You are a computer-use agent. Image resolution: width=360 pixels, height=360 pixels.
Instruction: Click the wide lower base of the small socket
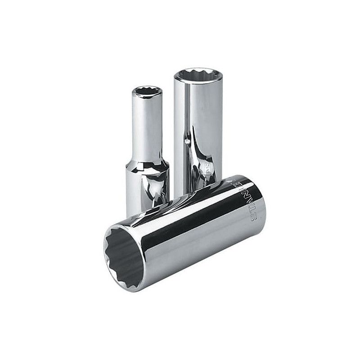point(146,189)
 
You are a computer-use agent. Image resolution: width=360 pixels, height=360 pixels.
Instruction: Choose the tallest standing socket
point(198,126)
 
